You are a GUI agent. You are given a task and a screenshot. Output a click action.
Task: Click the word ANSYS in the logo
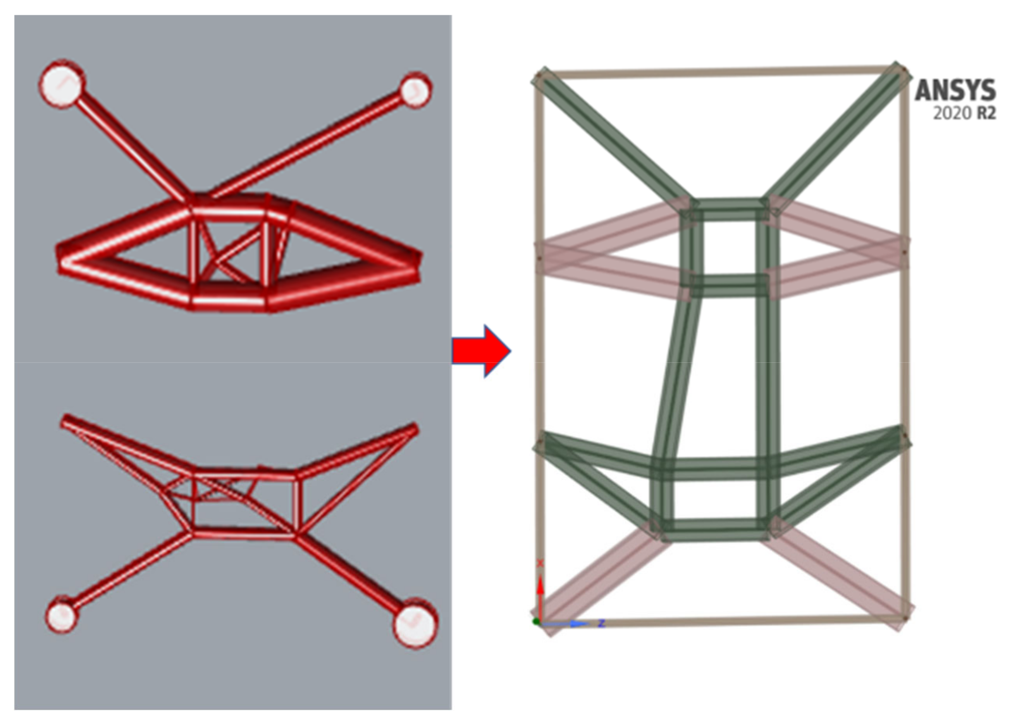[x=955, y=90]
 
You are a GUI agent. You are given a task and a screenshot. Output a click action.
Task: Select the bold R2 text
[x=986, y=114]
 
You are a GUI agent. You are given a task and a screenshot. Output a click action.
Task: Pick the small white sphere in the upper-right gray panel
[x=415, y=90]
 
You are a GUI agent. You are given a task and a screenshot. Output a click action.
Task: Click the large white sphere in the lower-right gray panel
[x=415, y=623]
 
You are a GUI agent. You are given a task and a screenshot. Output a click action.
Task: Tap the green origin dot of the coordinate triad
[x=537, y=622]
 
